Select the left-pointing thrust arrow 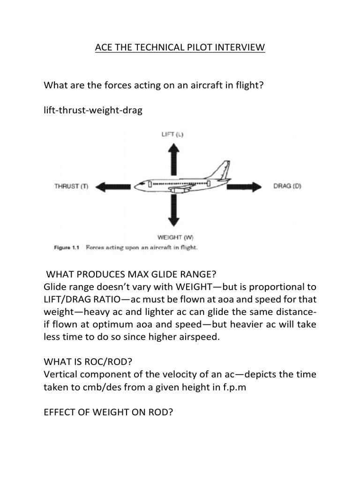[115, 187]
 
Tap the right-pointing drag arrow [244, 187]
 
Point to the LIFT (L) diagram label [172, 135]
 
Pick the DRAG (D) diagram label [287, 186]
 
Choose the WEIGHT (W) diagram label [173, 237]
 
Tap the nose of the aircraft [137, 186]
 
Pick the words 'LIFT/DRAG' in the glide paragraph [67, 299]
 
